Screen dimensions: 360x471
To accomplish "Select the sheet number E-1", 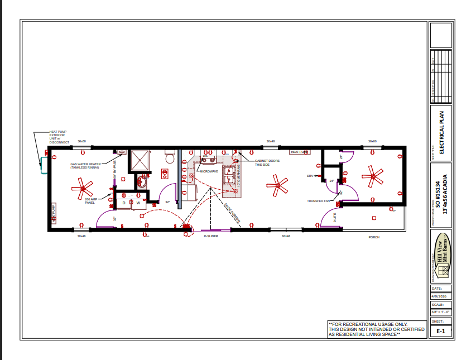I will point(440,331).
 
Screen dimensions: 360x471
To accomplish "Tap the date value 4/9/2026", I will point(440,296).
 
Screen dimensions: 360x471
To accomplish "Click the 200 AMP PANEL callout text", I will point(90,200).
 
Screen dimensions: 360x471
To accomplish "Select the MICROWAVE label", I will point(209,171).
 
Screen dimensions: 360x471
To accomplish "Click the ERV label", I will point(310,176).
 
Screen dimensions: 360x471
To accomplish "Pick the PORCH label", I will point(374,237).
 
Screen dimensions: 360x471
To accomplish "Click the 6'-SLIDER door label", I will point(210,237).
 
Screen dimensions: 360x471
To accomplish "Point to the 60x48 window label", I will point(286,237).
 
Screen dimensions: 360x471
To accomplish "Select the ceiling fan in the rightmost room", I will point(372,176).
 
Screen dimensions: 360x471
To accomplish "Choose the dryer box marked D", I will point(124,203).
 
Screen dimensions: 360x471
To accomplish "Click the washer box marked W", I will point(138,203).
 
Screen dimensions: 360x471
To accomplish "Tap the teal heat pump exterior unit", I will point(42,164).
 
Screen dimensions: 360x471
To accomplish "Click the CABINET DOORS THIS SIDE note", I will point(267,162).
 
